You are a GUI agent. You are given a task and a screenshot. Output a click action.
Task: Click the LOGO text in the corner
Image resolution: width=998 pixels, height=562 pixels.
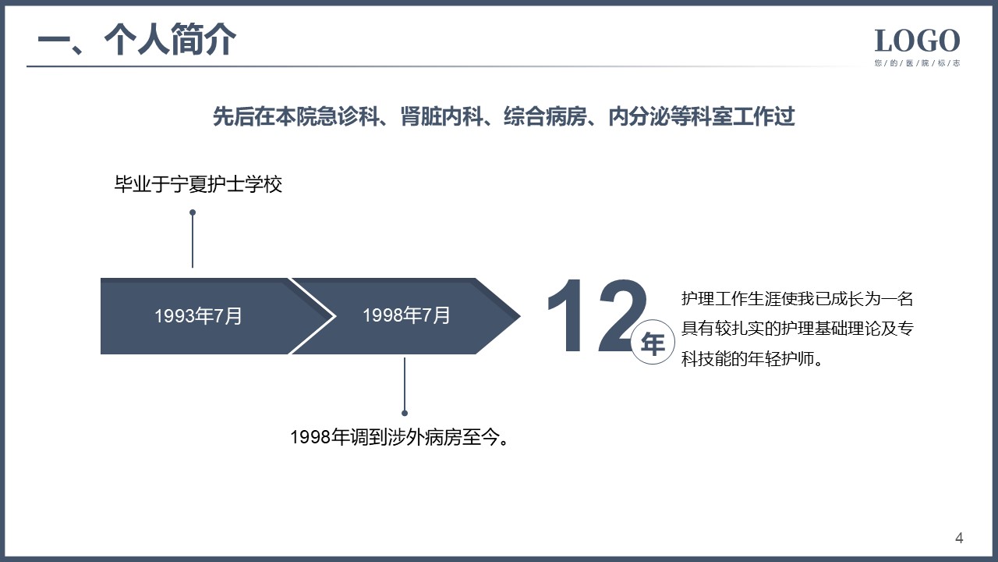917,41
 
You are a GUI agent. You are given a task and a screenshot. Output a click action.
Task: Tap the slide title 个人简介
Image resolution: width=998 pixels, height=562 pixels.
170,39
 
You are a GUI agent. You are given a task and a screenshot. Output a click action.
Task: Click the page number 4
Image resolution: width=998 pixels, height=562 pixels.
959,539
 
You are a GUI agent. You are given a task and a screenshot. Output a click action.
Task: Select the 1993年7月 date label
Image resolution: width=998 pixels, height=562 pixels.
198,316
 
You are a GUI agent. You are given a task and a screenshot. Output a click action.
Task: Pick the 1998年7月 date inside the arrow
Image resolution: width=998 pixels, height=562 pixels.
406,315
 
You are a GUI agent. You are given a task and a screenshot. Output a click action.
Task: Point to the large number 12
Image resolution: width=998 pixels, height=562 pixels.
597,316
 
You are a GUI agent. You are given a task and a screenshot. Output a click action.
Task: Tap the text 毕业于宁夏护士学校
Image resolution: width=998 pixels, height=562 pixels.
198,184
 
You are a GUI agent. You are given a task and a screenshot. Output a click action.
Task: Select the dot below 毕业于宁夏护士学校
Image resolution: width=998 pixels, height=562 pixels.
193,213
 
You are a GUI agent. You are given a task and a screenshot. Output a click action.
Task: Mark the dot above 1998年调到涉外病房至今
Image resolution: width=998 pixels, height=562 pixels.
405,413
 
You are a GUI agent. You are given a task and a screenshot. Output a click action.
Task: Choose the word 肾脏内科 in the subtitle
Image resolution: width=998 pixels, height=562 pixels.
442,116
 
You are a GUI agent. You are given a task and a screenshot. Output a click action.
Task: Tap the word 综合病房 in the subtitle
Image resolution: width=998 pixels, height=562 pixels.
545,116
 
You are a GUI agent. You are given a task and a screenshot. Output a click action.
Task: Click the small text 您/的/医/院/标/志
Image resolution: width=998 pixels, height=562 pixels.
917,63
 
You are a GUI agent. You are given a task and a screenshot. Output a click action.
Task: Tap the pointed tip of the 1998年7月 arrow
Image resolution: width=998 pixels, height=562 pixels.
520,316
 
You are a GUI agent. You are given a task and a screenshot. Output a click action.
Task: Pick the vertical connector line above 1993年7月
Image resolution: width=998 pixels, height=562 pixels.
193,240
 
